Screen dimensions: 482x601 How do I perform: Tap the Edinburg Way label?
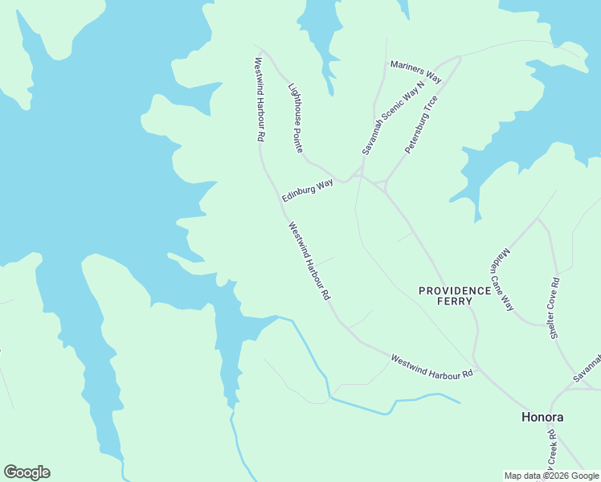point(308,190)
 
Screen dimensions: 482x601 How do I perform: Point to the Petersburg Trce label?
point(421,125)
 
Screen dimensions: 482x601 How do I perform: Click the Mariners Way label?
point(416,71)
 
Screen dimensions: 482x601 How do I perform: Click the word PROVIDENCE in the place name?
point(455,290)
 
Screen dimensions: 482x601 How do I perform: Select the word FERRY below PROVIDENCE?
point(455,301)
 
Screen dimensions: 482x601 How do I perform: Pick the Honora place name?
point(542,417)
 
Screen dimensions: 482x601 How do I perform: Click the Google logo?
point(27,472)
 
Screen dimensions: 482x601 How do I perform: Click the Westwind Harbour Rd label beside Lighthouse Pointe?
point(260,100)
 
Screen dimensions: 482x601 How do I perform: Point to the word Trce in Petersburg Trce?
point(431,106)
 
